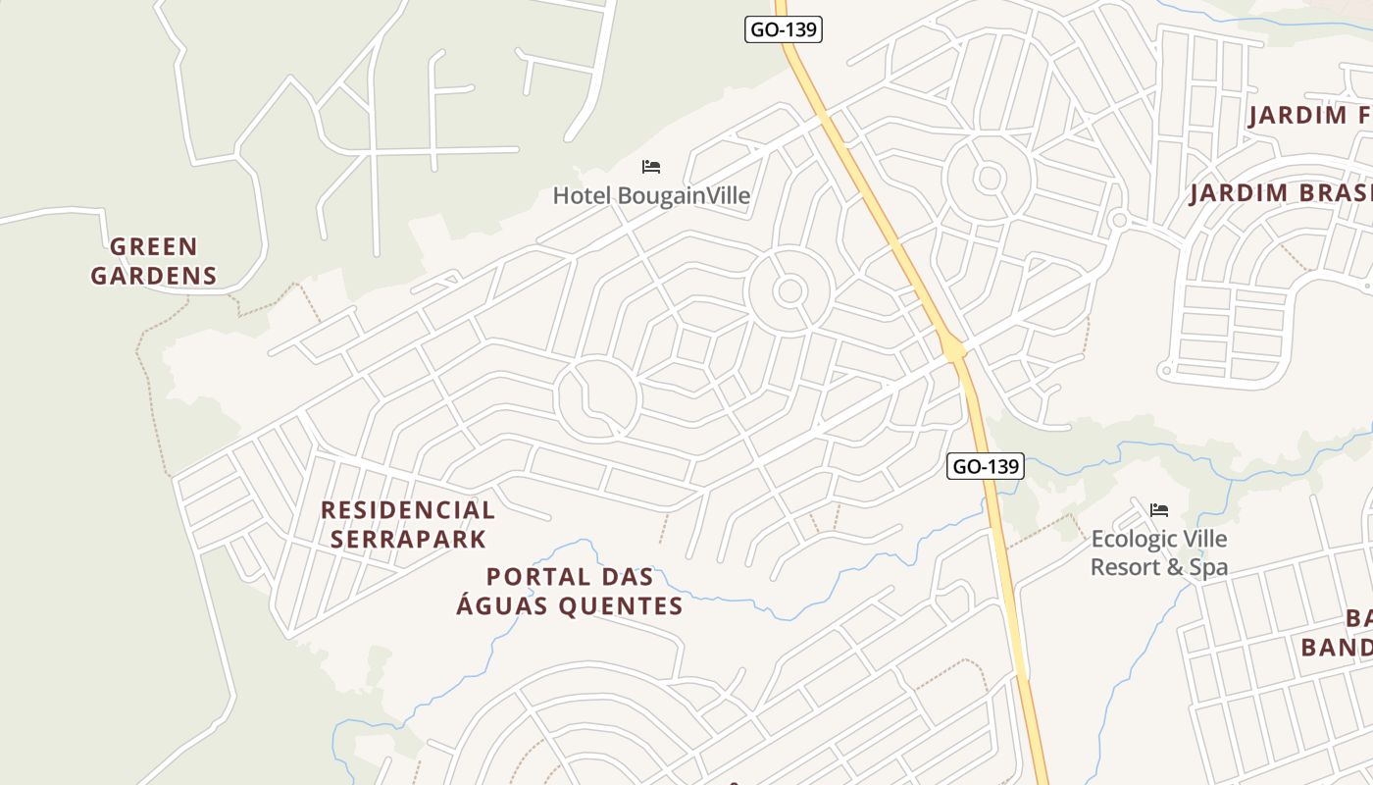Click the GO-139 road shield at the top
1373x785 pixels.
pyautogui.click(x=783, y=29)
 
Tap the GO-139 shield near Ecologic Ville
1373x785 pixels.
pyautogui.click(x=986, y=466)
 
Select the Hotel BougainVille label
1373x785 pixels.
pyautogui.click(x=651, y=195)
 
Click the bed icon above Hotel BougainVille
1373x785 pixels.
pyautogui.click(x=651, y=167)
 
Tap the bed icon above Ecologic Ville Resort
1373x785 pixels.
pyautogui.click(x=1159, y=510)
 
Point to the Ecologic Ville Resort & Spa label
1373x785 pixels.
pyautogui.click(x=1159, y=552)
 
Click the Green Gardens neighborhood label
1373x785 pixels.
pyautogui.click(x=154, y=260)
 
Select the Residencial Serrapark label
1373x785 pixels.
pyautogui.click(x=408, y=524)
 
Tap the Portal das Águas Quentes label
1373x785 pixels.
pyautogui.click(x=570, y=591)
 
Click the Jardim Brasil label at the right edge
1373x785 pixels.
pyautogui.click(x=1281, y=192)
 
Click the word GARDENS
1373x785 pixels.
pyautogui.click(x=154, y=276)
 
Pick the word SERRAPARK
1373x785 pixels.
pyautogui.click(x=408, y=539)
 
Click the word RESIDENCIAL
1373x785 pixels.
pyautogui.click(x=408, y=510)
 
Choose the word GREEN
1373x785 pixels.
pyautogui.click(x=154, y=246)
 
